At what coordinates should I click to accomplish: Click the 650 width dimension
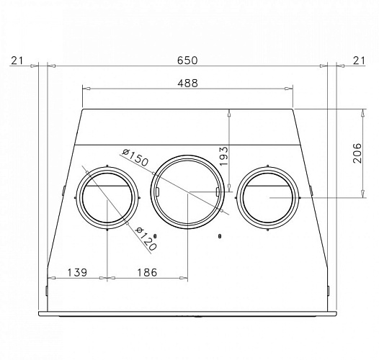(x=187, y=60)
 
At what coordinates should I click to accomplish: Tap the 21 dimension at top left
(x=17, y=60)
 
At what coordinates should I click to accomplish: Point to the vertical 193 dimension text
(x=223, y=156)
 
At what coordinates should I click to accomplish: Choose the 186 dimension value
(x=147, y=272)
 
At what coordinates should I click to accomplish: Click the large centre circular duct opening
(x=187, y=192)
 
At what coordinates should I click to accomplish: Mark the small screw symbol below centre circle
(x=219, y=235)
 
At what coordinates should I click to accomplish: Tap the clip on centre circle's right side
(x=218, y=191)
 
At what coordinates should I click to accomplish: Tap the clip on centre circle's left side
(x=155, y=191)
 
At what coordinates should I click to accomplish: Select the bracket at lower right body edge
(x=329, y=290)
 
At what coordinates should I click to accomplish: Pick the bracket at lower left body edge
(x=45, y=290)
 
